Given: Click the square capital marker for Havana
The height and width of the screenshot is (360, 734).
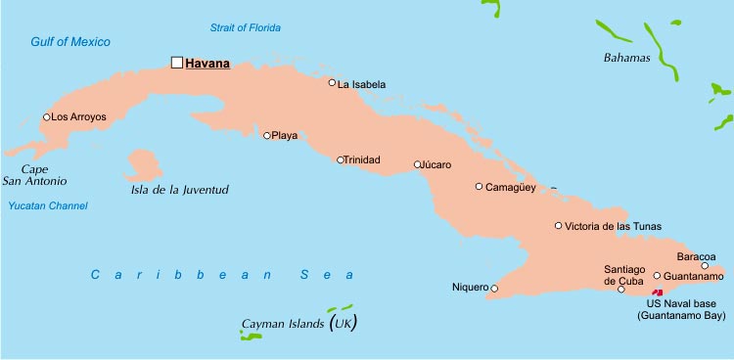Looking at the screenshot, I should [177, 63].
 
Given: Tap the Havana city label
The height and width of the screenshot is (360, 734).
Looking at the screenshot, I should [207, 64].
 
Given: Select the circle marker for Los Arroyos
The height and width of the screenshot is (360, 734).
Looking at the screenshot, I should [46, 117].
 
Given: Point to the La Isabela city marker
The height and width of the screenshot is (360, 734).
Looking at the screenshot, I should [333, 83].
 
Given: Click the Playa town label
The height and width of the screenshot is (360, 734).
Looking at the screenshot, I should [285, 136].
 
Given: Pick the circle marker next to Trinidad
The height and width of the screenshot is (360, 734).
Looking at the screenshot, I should [341, 160].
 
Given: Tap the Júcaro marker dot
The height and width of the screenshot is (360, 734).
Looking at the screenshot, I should [418, 164].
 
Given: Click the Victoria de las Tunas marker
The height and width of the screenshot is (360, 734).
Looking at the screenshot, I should [559, 226].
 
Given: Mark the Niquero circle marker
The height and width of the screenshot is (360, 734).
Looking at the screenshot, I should [494, 288].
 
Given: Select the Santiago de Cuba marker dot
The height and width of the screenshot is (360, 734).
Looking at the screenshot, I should [621, 289].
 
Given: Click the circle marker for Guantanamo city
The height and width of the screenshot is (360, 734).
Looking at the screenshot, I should [658, 276].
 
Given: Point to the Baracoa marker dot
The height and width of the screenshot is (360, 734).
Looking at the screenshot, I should [705, 265].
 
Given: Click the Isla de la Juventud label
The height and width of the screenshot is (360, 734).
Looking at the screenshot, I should [179, 190].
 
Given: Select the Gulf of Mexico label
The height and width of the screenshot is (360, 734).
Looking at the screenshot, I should [70, 42].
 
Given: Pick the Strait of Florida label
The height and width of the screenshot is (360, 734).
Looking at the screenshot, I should [245, 26].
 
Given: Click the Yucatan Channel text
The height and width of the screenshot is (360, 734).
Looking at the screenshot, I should [48, 205].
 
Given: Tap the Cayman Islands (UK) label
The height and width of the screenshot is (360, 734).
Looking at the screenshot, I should [298, 324].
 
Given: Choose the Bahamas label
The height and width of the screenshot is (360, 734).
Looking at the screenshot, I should [626, 58].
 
